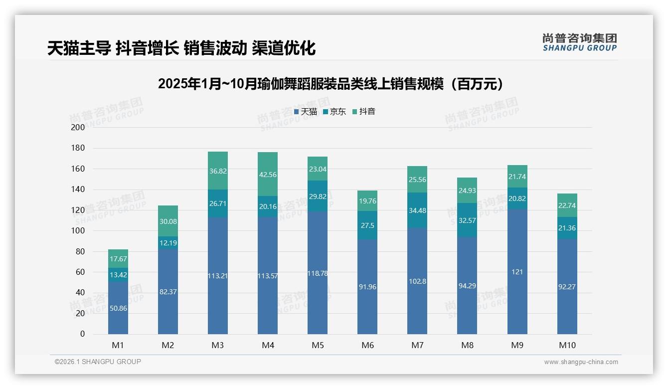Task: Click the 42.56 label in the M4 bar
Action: click(268, 175)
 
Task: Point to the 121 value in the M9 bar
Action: click(517, 272)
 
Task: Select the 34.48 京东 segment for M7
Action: click(417, 210)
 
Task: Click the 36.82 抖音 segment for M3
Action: click(218, 171)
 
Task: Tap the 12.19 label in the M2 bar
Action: click(168, 243)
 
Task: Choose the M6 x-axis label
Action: click(367, 345)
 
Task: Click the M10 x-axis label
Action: click(567, 345)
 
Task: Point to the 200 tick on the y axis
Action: click(78, 127)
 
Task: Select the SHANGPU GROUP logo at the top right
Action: click(579, 42)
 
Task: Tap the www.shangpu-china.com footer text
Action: click(581, 362)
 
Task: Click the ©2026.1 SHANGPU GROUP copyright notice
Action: click(98, 362)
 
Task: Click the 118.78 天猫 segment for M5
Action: click(318, 273)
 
